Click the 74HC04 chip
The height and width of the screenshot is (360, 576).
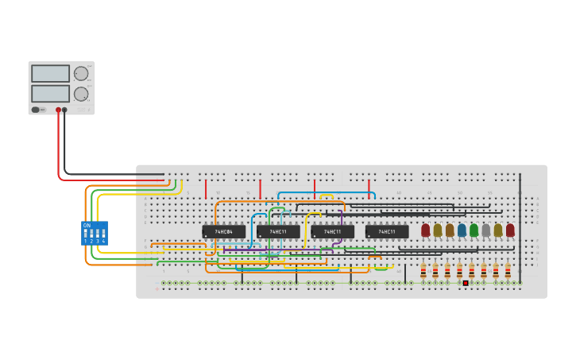223,232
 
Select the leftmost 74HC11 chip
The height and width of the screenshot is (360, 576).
278,232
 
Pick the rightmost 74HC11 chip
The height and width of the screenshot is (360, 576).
387,232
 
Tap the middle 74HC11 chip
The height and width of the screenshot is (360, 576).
332,232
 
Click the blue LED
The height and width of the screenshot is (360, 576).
462,230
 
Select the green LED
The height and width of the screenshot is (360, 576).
474,230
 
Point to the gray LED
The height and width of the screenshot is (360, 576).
485,230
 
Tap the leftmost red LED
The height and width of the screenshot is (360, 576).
425,230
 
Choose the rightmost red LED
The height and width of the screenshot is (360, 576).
510,230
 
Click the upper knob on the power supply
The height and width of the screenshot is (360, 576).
80,74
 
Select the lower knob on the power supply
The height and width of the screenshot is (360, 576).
80,94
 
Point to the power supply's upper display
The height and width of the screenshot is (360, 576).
50,73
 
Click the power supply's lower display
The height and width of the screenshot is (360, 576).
50,93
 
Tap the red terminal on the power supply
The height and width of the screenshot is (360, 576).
58,110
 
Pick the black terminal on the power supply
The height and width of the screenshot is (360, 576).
65,110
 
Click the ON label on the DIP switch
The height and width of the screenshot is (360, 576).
87,226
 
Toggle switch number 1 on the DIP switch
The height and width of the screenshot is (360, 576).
86,234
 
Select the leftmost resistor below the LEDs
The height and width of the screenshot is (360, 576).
423,270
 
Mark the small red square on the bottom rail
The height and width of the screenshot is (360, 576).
466,283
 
